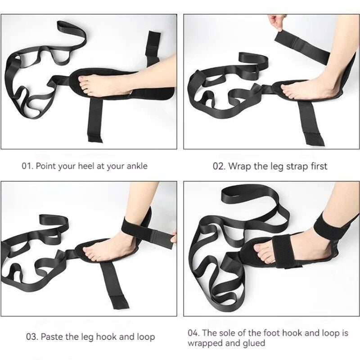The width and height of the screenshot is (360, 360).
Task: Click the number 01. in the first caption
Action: tap(27, 166)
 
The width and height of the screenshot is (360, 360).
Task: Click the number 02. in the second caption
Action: tap(219, 166)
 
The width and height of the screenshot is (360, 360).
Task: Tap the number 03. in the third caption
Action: tap(32, 337)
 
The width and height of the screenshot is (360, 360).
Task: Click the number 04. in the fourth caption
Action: tap(194, 333)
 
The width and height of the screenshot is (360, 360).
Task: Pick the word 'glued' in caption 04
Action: tap(254, 343)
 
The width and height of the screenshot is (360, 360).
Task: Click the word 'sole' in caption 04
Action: tap(229, 333)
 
